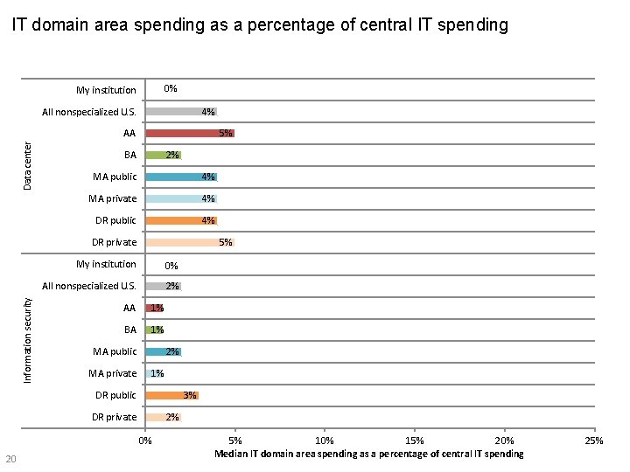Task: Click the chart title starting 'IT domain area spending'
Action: pyautogui.click(x=259, y=25)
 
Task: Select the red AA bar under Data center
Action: pyautogui.click(x=189, y=134)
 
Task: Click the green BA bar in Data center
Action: pyautogui.click(x=163, y=156)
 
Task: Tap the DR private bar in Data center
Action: pyautogui.click(x=189, y=243)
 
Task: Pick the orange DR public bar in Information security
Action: pyautogui.click(x=171, y=396)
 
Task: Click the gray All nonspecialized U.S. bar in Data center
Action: pyautogui.click(x=180, y=112)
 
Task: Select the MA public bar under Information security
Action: pyautogui.click(x=163, y=352)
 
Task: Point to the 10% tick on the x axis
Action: pyautogui.click(x=324, y=441)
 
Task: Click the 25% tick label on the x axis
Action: pyautogui.click(x=594, y=441)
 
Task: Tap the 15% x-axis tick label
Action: pyautogui.click(x=415, y=441)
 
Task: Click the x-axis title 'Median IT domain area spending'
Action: pyautogui.click(x=368, y=454)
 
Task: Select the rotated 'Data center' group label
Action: pyautogui.click(x=27, y=166)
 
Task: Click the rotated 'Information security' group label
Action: pyautogui.click(x=27, y=339)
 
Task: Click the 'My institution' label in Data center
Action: pyautogui.click(x=106, y=90)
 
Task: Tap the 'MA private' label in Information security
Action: pyautogui.click(x=112, y=374)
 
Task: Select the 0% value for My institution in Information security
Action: pyautogui.click(x=171, y=266)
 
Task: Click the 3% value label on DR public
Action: pyautogui.click(x=189, y=396)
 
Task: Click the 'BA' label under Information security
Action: pyautogui.click(x=130, y=330)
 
